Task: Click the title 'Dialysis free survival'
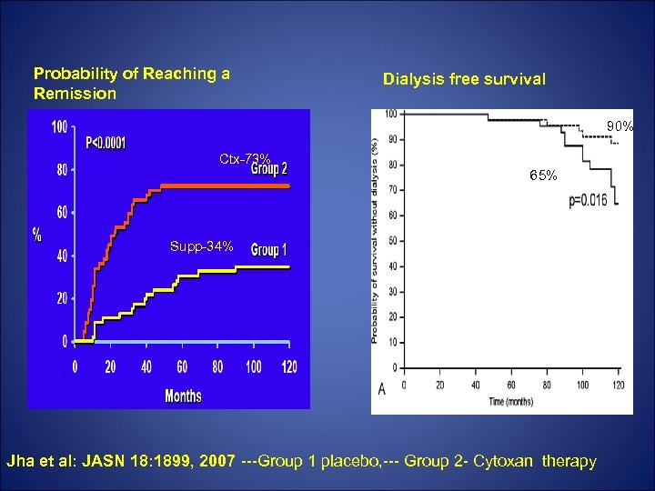(x=464, y=79)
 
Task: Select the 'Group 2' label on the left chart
(x=269, y=167)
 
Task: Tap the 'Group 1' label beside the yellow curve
(x=269, y=250)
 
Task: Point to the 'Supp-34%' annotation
(x=202, y=246)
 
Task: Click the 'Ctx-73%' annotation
(x=244, y=159)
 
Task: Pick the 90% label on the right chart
(x=621, y=125)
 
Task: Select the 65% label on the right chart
(x=544, y=175)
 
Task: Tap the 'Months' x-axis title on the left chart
(x=183, y=396)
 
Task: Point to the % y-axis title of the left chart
(x=37, y=234)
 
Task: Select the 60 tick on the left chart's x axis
(x=182, y=366)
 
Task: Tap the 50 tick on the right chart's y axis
(x=391, y=241)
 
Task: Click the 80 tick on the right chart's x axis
(x=546, y=385)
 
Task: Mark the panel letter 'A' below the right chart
(x=382, y=390)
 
